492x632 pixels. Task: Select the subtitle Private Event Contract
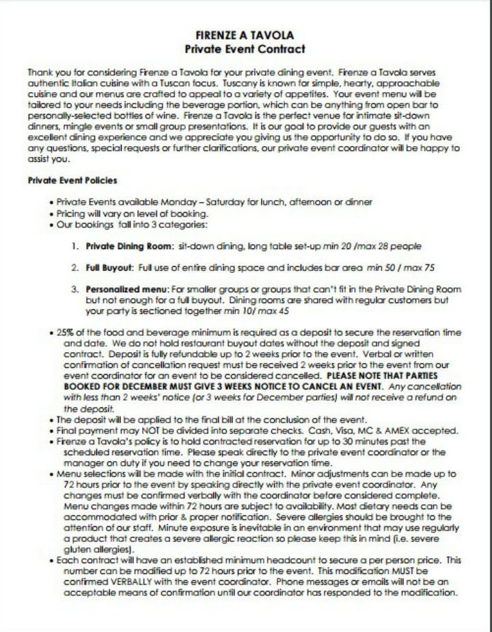tap(245, 49)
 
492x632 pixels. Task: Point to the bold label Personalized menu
tap(121, 289)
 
